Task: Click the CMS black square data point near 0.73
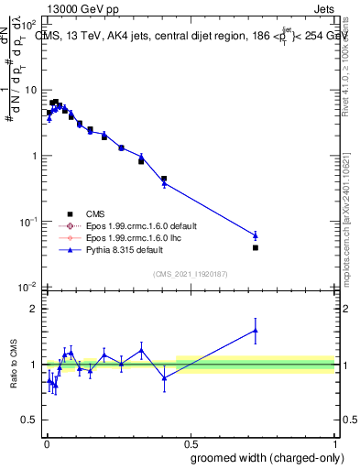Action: click(256, 247)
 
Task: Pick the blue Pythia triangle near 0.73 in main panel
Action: click(256, 235)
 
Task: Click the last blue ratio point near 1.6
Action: click(256, 331)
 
